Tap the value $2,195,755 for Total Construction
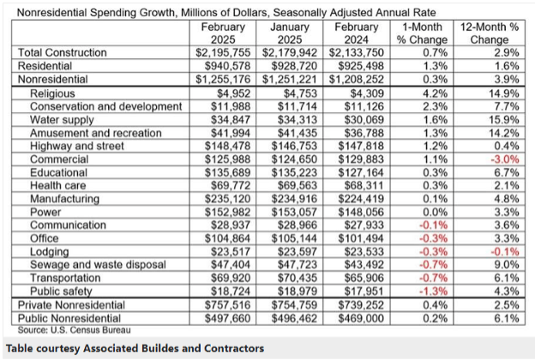pyautogui.click(x=218, y=52)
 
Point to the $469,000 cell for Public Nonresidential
pyautogui.click(x=349, y=318)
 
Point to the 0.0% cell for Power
pyautogui.click(x=420, y=212)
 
